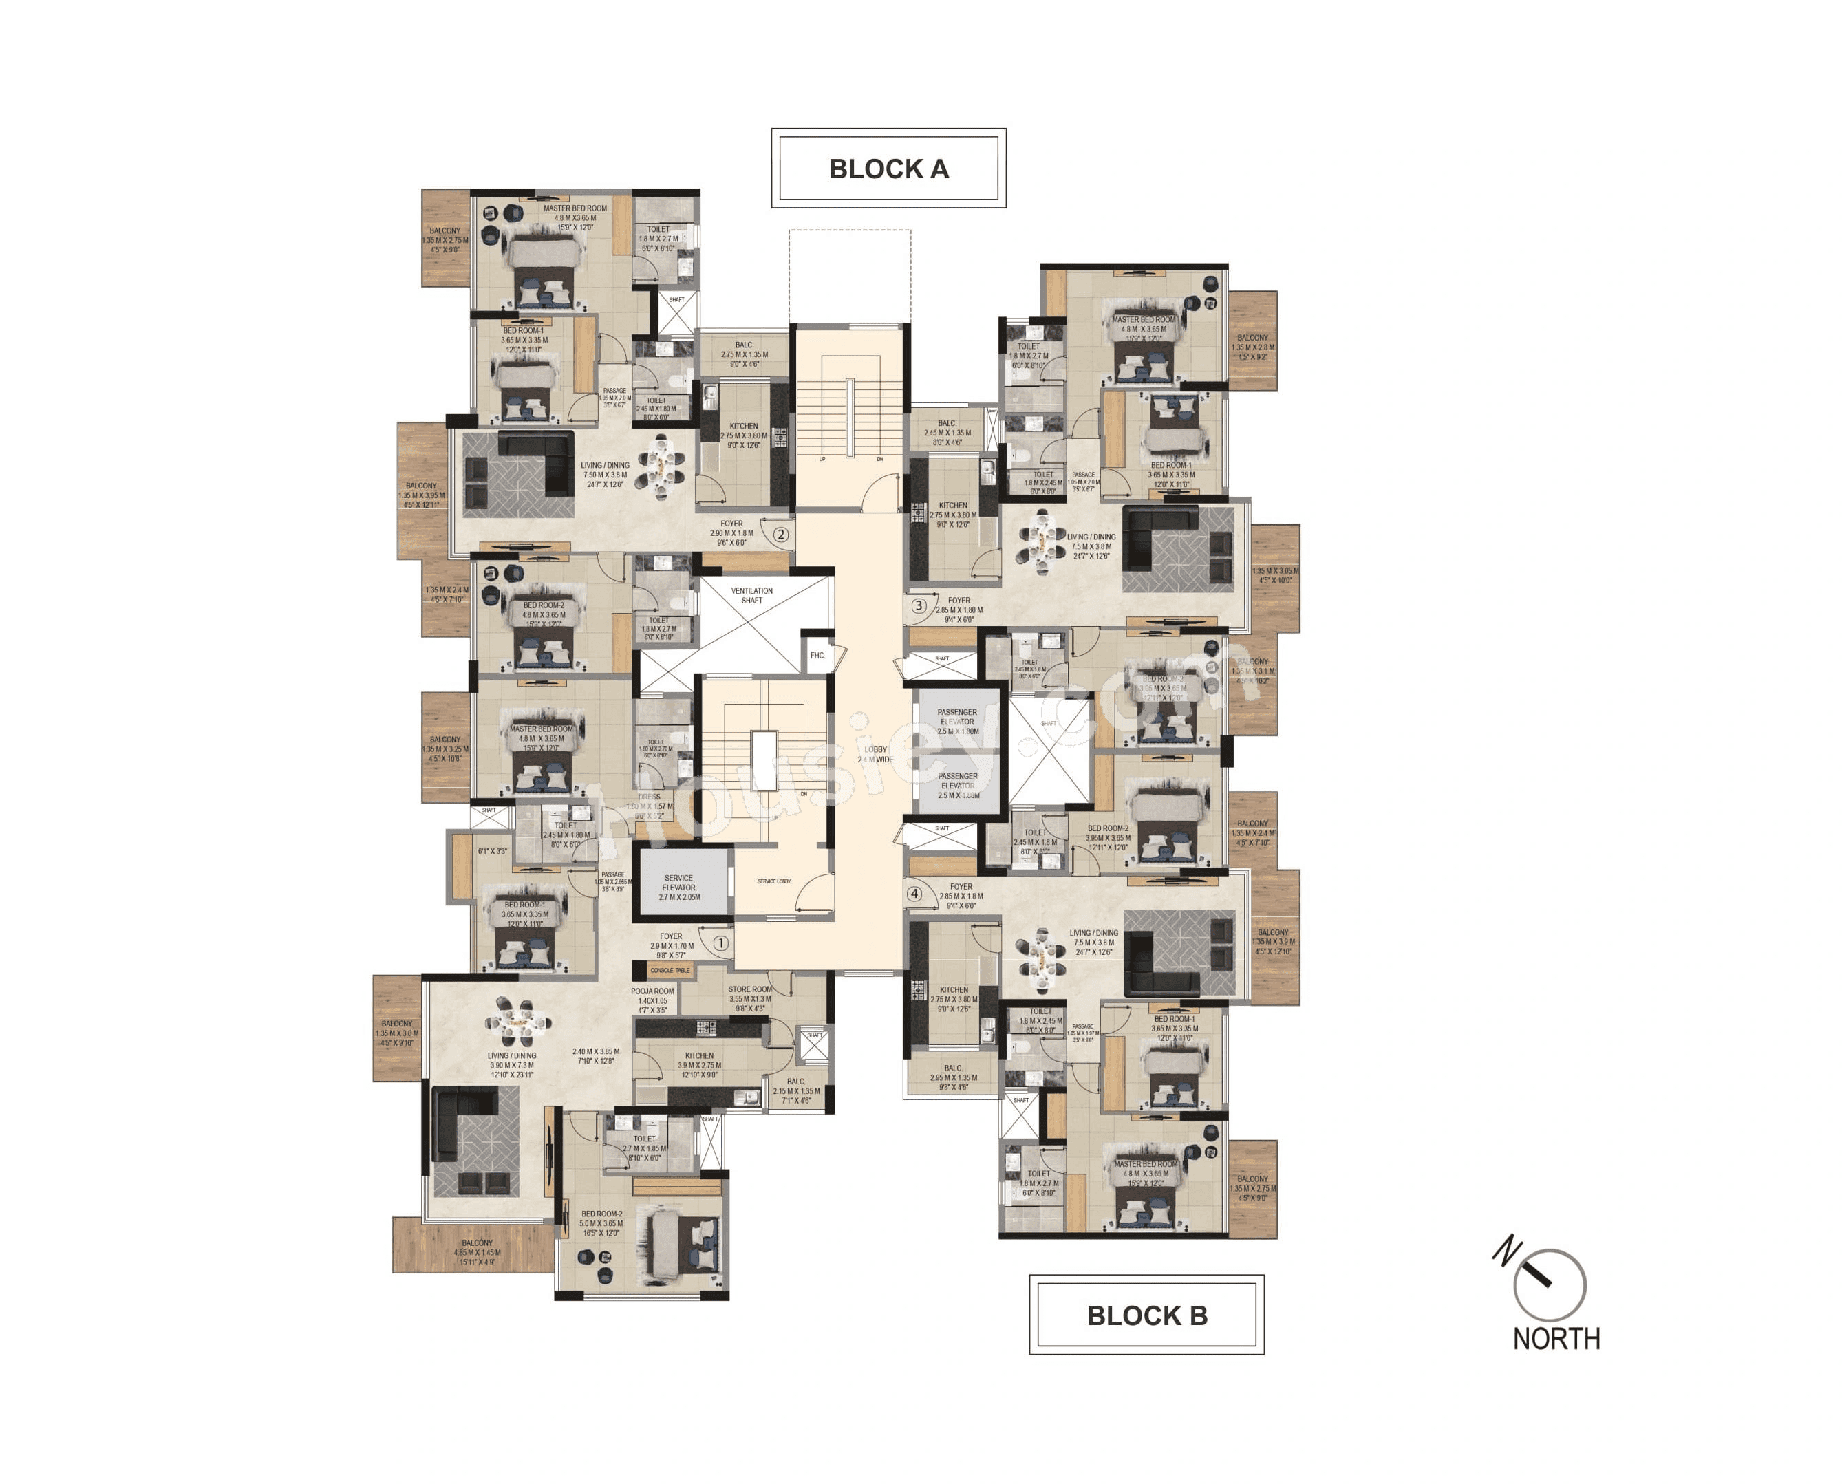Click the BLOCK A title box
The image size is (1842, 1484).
888,169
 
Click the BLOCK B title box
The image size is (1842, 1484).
1146,1315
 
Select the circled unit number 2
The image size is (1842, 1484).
780,535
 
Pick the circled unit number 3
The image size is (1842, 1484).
919,606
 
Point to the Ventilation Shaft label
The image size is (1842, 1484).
751,596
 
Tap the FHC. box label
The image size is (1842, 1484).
817,656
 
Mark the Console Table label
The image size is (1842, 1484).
670,970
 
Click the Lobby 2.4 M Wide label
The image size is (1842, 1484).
875,754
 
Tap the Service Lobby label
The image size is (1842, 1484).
773,881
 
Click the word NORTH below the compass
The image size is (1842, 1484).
1556,1338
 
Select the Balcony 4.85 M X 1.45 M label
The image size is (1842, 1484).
477,1252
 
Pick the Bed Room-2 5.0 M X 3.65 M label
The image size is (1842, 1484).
602,1223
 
